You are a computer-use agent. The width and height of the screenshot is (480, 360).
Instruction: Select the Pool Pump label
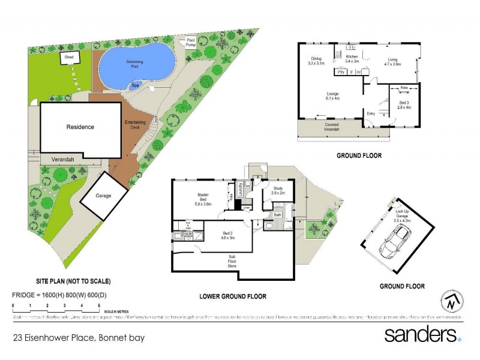(x=191, y=43)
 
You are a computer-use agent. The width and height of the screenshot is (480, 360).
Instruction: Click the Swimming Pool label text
(x=134, y=64)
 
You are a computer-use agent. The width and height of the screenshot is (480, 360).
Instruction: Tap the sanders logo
(x=422, y=334)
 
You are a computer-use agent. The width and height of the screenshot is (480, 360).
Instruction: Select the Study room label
(x=277, y=190)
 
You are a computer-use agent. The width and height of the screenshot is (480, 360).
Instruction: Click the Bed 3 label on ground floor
(x=404, y=105)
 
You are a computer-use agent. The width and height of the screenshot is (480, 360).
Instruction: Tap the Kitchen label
(x=352, y=58)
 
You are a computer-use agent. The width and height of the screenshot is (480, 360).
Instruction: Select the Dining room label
(x=316, y=61)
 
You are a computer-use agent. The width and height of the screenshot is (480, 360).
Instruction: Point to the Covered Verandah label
(x=332, y=127)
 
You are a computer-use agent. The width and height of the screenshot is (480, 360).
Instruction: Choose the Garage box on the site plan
(x=104, y=195)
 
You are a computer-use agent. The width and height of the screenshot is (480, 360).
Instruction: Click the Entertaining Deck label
(x=136, y=125)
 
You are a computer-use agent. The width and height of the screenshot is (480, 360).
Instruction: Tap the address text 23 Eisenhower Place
(x=79, y=338)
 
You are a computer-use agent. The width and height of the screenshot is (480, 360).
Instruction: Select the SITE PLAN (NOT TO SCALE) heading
(x=73, y=281)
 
